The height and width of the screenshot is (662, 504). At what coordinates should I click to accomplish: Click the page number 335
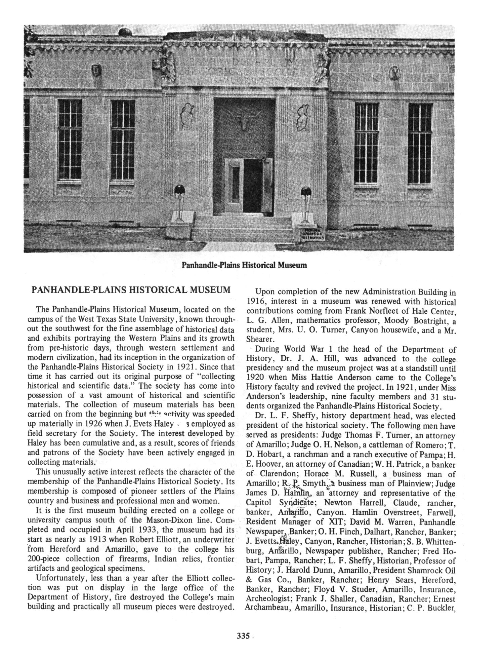(243, 636)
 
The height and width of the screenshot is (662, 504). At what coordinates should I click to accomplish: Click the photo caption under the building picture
(244, 265)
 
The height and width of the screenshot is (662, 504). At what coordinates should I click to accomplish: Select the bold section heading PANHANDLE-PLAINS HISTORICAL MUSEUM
(131, 290)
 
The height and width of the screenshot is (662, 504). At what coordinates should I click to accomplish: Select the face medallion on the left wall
(96, 70)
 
